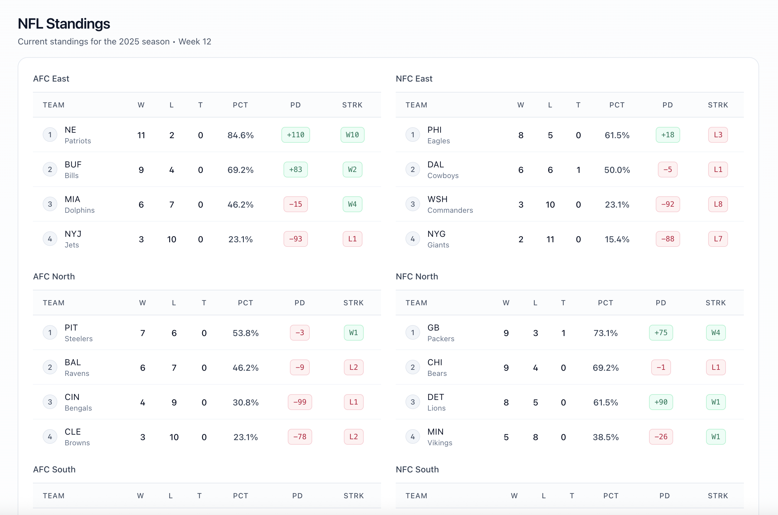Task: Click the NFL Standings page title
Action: click(64, 24)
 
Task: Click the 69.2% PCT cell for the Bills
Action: click(241, 170)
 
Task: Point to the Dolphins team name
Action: click(80, 210)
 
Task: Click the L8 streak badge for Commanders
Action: click(718, 204)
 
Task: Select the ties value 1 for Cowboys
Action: click(578, 170)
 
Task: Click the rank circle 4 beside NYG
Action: click(412, 239)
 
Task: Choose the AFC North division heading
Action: click(54, 277)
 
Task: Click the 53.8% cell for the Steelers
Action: click(245, 333)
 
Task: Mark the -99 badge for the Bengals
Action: click(300, 402)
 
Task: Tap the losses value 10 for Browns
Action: click(174, 437)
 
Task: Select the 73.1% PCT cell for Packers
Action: click(605, 333)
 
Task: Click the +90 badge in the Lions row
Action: click(661, 402)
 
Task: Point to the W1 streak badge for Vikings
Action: click(716, 437)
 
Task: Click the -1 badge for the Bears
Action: click(661, 367)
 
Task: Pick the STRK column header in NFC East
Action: click(718, 105)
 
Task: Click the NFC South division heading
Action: click(417, 469)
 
